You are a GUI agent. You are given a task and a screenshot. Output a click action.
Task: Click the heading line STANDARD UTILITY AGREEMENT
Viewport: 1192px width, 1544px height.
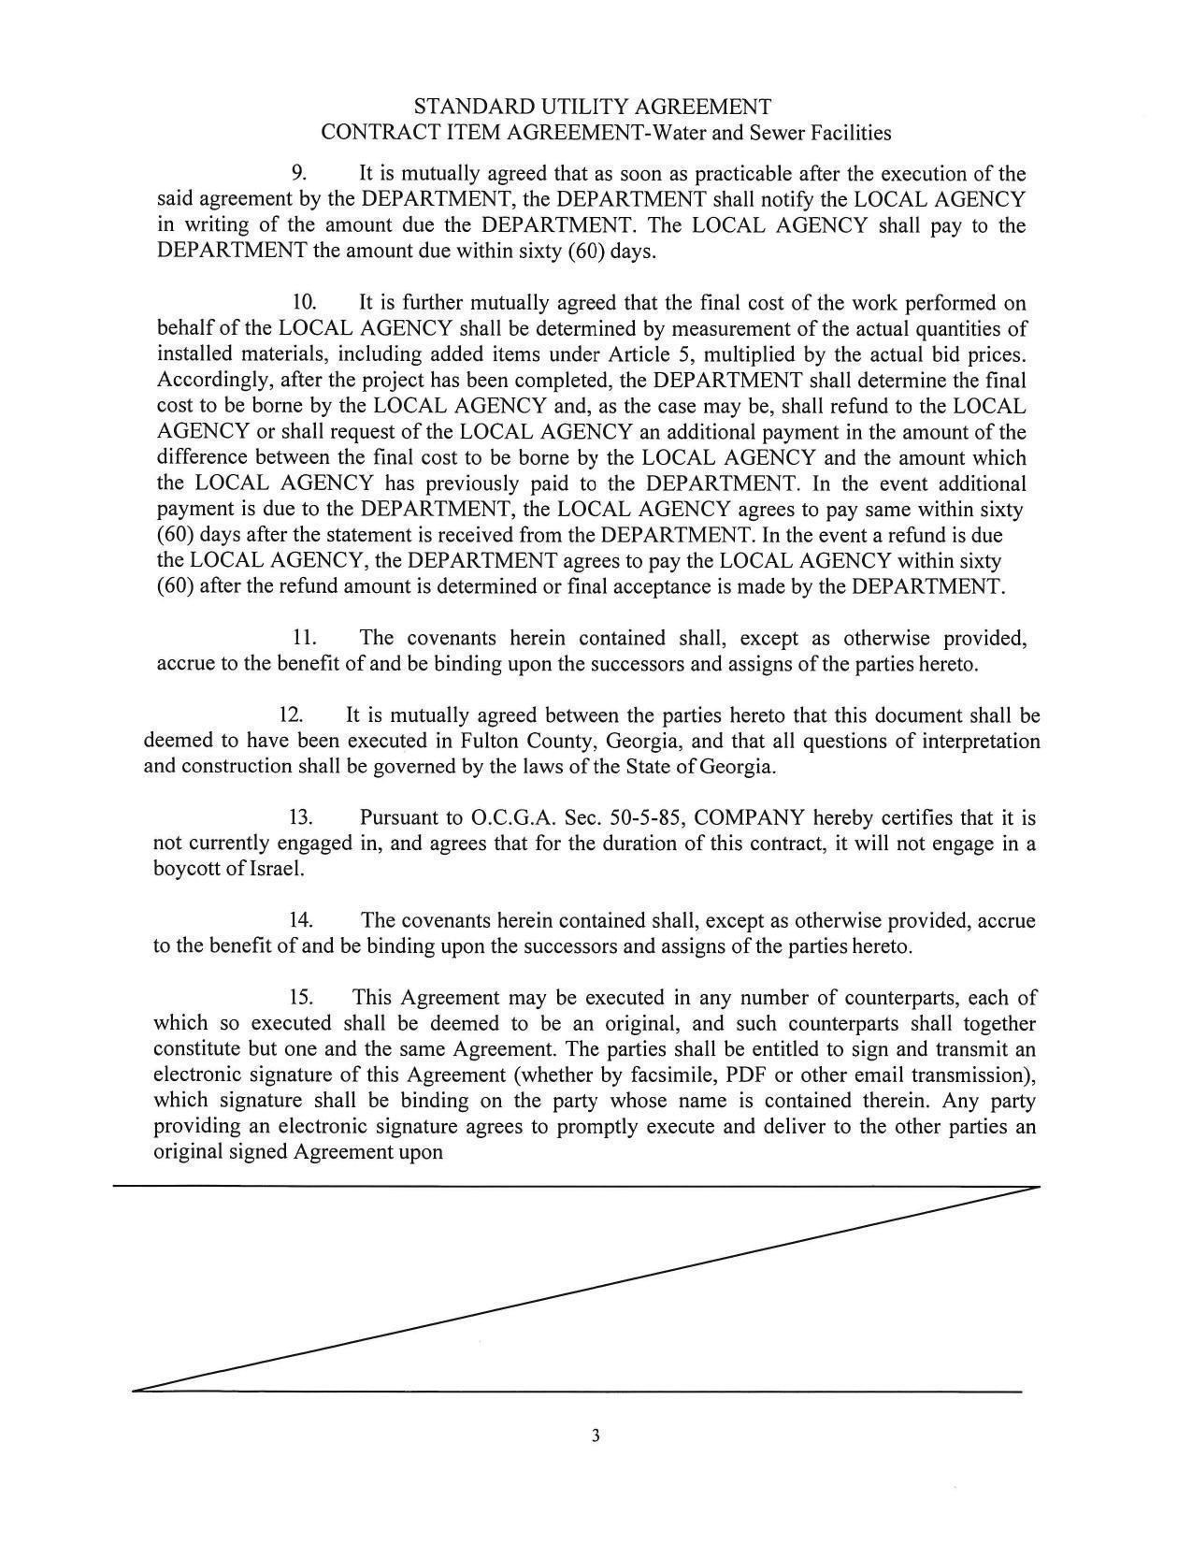(x=593, y=106)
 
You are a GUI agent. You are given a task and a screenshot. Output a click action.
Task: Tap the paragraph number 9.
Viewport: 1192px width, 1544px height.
(x=299, y=174)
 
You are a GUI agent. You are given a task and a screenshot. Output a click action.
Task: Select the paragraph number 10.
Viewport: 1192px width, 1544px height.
(x=304, y=303)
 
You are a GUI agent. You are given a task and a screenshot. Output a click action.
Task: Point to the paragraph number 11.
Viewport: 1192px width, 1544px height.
(x=304, y=639)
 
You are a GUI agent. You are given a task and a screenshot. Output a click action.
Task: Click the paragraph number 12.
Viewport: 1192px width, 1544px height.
(x=291, y=716)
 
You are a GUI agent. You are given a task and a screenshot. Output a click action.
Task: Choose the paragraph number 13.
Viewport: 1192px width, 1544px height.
(x=300, y=818)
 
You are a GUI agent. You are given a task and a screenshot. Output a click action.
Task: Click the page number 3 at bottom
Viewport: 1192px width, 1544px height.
(x=595, y=1436)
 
